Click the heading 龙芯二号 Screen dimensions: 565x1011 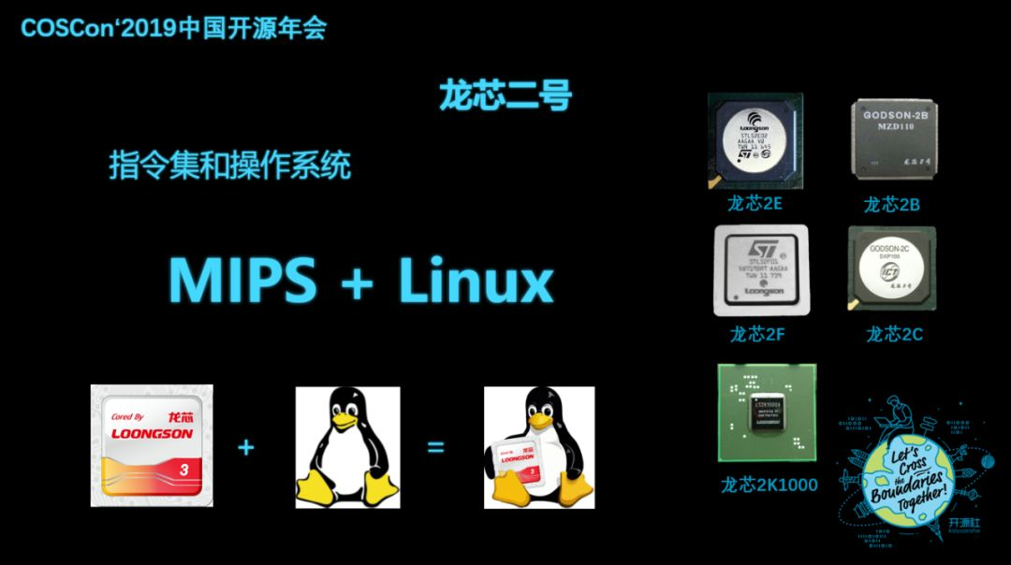(505, 96)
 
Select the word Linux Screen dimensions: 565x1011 (476, 280)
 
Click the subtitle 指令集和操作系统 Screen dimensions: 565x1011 (230, 167)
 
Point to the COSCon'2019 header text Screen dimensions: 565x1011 (173, 28)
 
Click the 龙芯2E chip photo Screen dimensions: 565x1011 (755, 140)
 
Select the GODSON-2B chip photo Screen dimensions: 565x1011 (894, 138)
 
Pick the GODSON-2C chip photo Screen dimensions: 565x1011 (891, 270)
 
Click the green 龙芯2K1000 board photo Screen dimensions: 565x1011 (767, 413)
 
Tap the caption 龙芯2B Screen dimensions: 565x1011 (891, 204)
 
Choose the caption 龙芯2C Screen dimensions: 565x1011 (894, 334)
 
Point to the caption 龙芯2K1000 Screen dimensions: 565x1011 (769, 485)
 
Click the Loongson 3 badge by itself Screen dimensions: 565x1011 (152, 445)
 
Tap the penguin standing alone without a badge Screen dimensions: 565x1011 (348, 446)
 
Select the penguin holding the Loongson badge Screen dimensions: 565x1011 (538, 447)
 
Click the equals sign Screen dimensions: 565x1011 (435, 447)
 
